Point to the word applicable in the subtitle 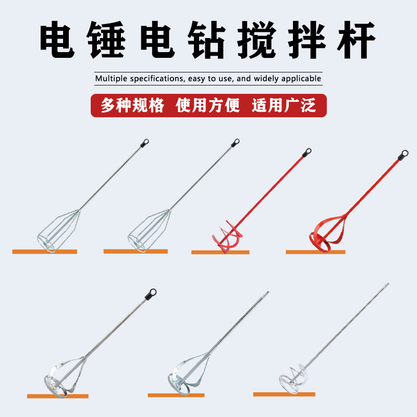[x=301, y=79]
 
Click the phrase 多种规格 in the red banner [x=132, y=105]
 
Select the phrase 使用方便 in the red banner [x=208, y=105]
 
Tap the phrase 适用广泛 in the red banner [x=284, y=105]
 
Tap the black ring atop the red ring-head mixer [x=403, y=154]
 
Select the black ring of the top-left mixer [x=145, y=141]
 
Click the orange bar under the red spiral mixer [x=220, y=252]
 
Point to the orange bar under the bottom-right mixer [x=285, y=394]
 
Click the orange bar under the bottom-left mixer [x=57, y=396]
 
